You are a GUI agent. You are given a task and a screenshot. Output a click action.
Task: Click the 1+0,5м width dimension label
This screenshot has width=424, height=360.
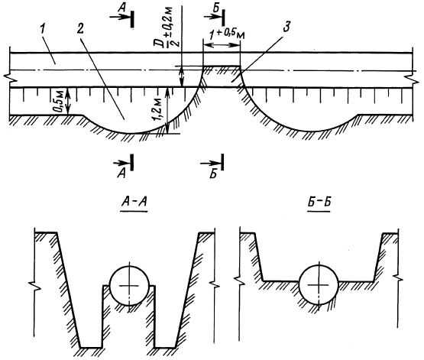coord(227,34)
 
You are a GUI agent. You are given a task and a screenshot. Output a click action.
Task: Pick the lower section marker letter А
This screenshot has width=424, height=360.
coord(121,174)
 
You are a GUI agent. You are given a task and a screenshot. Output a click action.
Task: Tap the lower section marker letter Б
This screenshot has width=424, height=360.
coord(213,174)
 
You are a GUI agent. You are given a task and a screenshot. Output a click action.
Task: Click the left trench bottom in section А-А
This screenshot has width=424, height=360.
coord(91,347)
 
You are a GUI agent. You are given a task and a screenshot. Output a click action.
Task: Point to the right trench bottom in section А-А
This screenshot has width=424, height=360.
coord(165,347)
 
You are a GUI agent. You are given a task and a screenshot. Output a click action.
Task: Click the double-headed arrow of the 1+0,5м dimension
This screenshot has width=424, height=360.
coord(222,44)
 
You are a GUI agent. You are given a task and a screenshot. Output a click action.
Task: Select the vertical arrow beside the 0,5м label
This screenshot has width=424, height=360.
coord(67,101)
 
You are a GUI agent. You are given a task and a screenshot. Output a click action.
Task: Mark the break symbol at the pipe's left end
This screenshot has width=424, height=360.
coord(10,78)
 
